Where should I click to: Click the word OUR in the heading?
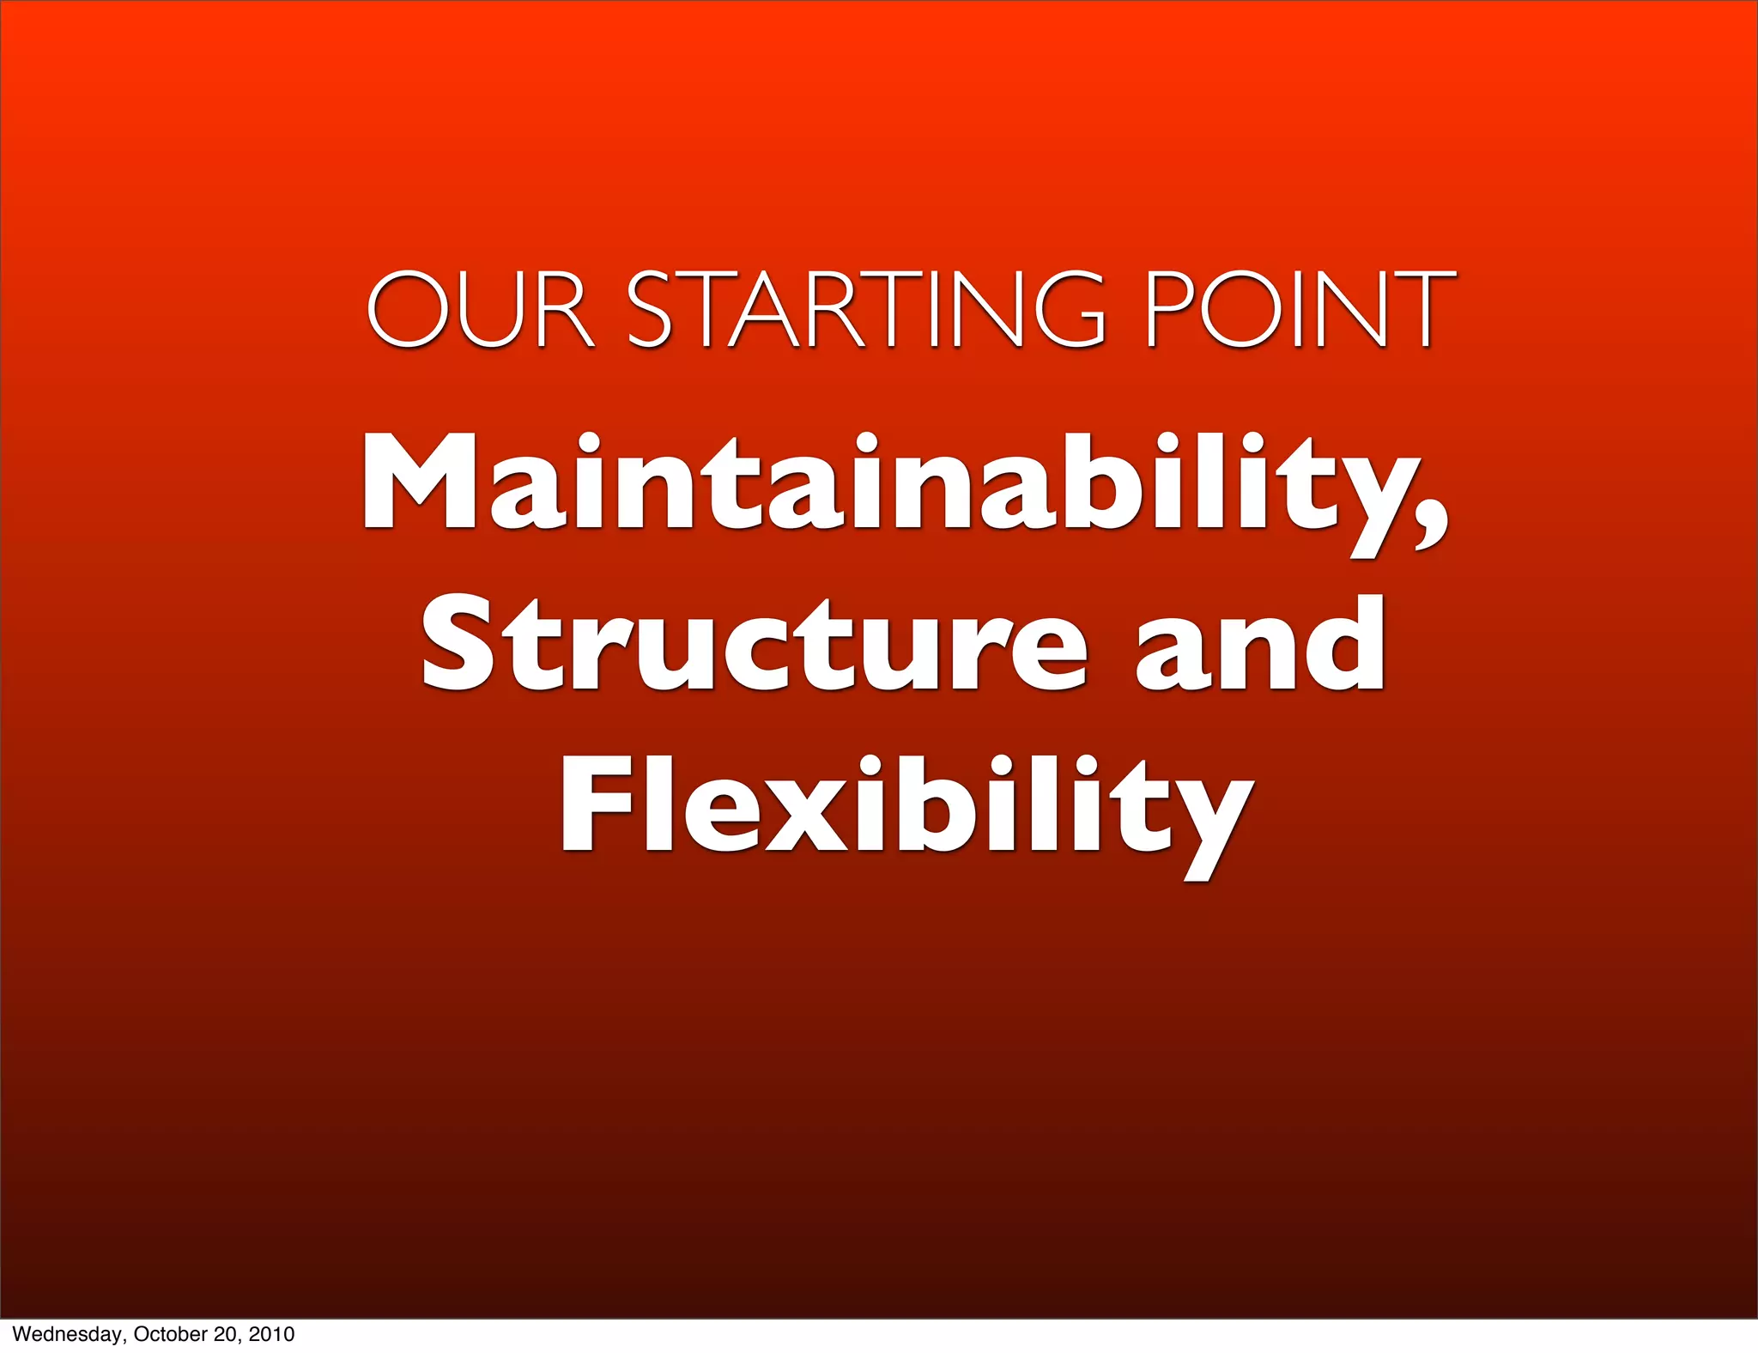480,309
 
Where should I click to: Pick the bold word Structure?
755,644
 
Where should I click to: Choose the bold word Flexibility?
906,807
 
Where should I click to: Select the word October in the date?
167,1334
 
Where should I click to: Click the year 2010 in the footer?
271,1334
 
